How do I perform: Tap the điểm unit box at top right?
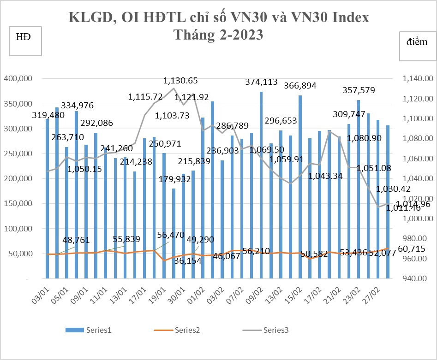[417, 47]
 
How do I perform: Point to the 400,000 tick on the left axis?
[18, 79]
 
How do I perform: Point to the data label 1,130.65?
[180, 81]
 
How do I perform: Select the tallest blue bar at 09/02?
[261, 184]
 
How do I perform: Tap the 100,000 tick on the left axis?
[18, 229]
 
